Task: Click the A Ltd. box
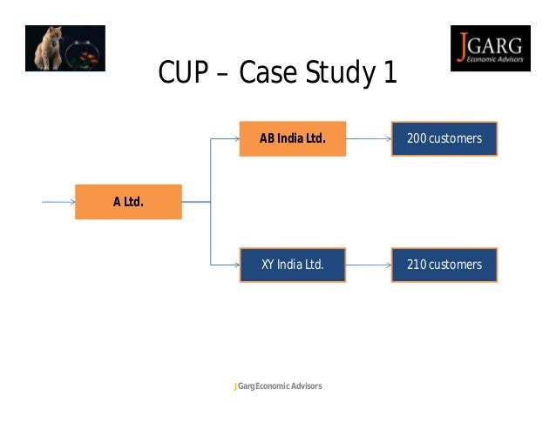tap(128, 202)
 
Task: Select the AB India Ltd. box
tap(293, 138)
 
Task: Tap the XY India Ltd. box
tap(293, 265)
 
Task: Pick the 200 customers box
tap(444, 138)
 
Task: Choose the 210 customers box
tap(444, 265)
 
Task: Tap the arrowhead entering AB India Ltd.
tap(235, 138)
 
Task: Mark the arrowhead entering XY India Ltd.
tap(235, 265)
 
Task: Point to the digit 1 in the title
tap(390, 74)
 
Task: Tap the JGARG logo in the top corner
tap(490, 48)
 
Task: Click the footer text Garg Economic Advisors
tap(279, 385)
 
